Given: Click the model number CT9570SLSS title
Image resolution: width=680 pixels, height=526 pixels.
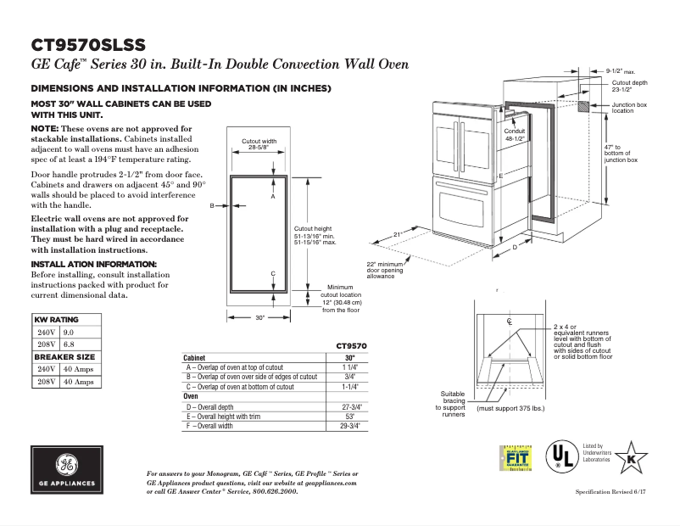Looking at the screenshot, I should pyautogui.click(x=87, y=45).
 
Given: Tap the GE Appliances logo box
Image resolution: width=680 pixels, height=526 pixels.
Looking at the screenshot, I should pyautogui.click(x=65, y=468).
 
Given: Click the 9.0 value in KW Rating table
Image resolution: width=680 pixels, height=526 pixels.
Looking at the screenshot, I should pyautogui.click(x=69, y=333).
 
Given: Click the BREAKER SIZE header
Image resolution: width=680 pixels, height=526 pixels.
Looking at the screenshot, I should pyautogui.click(x=64, y=357).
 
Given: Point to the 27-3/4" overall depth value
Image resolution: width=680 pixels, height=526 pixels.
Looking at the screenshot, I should pyautogui.click(x=349, y=407).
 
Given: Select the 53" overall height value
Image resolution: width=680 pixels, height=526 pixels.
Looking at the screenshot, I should pyautogui.click(x=349, y=417).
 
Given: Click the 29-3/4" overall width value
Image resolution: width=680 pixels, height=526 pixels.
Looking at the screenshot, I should pyautogui.click(x=349, y=426).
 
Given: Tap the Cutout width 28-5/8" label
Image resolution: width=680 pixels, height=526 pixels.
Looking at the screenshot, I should pyautogui.click(x=259, y=144).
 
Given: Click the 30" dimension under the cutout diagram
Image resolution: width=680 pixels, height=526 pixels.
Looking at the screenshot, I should pyautogui.click(x=260, y=317).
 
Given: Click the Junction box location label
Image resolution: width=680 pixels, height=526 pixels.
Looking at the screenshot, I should pyautogui.click(x=628, y=107).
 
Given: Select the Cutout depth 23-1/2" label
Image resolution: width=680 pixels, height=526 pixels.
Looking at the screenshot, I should pyautogui.click(x=629, y=86).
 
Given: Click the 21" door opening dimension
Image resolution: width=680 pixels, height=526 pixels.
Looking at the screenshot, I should pyautogui.click(x=396, y=234).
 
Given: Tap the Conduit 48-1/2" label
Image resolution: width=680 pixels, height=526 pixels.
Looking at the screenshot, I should pyautogui.click(x=515, y=134).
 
